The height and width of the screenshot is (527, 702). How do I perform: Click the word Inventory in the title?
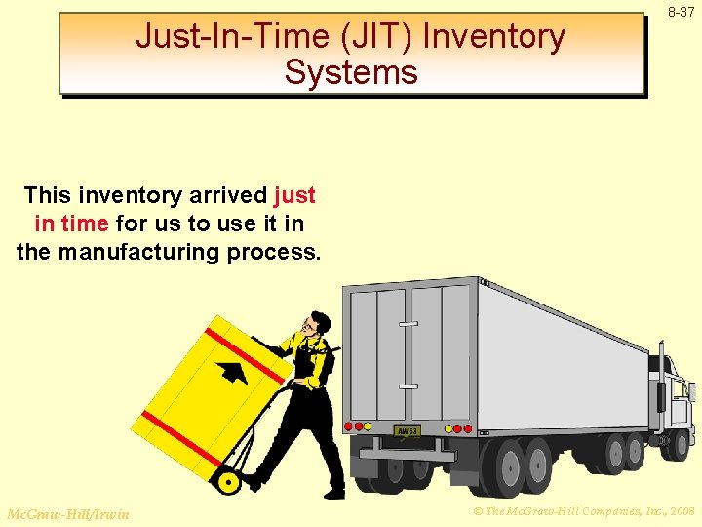coord(494,37)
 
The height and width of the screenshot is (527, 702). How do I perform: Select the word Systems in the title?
coord(351,72)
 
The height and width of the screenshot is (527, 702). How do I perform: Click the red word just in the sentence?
coord(295,195)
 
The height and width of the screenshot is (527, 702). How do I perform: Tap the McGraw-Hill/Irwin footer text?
coord(67,513)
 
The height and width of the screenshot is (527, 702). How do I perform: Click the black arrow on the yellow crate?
coord(232,372)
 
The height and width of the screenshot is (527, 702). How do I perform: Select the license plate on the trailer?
coord(407,430)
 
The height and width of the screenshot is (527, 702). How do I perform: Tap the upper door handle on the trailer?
coord(408,324)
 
